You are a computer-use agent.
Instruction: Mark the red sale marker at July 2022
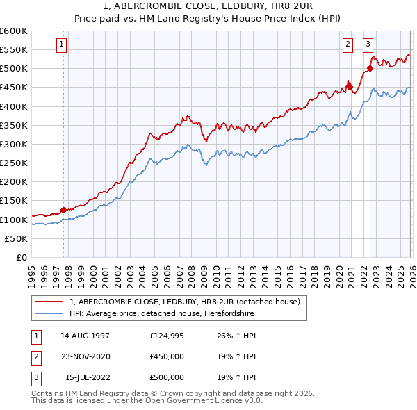click(x=370, y=68)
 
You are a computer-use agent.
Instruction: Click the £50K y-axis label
click(x=17, y=238)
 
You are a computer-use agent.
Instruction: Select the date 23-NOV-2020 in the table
click(x=85, y=356)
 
